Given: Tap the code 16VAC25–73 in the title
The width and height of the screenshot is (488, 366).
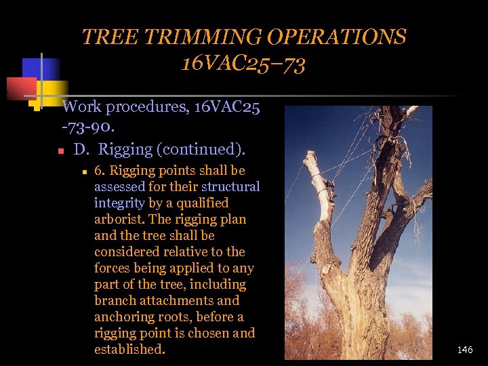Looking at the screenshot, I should pyautogui.click(x=243, y=64).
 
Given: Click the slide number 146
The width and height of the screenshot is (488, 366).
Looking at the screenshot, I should pyautogui.click(x=465, y=350).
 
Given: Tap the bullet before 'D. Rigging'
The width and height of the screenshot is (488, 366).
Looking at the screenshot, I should pyautogui.click(x=60, y=150).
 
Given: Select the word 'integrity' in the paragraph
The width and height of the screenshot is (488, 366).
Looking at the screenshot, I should pyautogui.click(x=119, y=203).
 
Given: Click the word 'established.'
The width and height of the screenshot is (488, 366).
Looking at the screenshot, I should pyautogui.click(x=129, y=350).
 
